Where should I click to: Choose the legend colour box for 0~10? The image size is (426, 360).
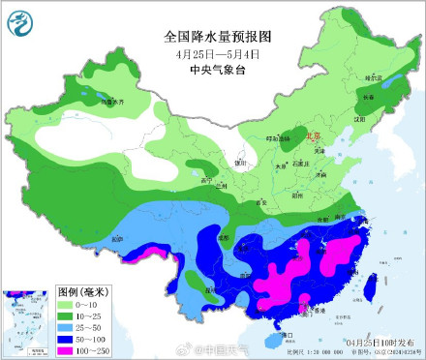click(x=69, y=303)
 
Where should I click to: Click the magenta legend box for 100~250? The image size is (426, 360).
click(x=69, y=349)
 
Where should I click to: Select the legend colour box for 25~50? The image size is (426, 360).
click(x=69, y=326)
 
